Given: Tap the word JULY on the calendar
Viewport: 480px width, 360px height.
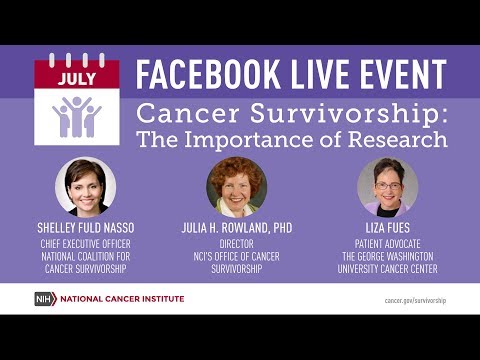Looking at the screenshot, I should (77, 75).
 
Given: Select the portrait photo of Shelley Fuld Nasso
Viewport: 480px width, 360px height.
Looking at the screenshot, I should (85, 186).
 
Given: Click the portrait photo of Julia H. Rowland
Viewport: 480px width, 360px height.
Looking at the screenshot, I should (236, 186).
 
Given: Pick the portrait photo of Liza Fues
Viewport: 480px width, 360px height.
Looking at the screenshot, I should (388, 186).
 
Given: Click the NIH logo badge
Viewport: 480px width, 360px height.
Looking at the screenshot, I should (45, 299).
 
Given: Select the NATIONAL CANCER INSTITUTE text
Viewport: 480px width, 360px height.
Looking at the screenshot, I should (122, 299).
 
